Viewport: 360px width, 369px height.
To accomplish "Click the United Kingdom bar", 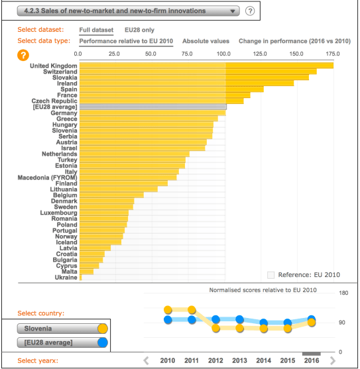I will (206, 66).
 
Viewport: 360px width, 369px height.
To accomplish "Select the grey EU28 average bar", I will (152, 107).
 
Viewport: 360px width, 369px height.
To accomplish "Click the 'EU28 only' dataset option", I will (139, 30).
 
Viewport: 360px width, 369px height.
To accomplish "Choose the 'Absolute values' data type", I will (206, 41).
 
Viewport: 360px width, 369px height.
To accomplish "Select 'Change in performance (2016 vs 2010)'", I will (294, 41).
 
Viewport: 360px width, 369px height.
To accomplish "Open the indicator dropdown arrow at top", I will (233, 11).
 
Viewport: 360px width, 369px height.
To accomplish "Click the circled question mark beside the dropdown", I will (250, 11).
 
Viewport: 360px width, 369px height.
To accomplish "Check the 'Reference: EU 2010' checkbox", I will (270, 274).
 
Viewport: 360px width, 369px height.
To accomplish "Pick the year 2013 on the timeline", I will (239, 360).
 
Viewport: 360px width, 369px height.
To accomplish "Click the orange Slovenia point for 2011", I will (192, 310).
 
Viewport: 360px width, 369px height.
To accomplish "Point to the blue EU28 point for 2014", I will (264, 323).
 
